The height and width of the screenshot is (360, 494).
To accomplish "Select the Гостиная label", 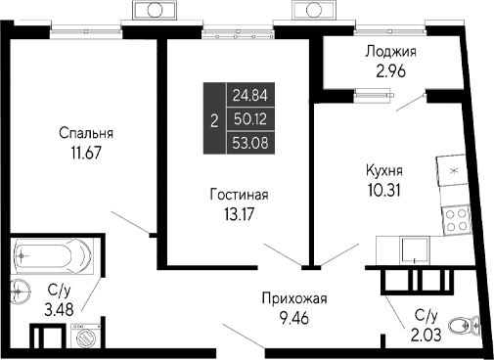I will [x=239, y=195].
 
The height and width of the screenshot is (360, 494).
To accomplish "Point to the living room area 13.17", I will [x=239, y=212].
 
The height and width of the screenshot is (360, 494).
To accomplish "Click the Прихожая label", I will [x=293, y=298].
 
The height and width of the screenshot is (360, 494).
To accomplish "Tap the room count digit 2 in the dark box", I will [x=214, y=118].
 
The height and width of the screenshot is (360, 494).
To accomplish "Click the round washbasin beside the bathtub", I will [x=19, y=290].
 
